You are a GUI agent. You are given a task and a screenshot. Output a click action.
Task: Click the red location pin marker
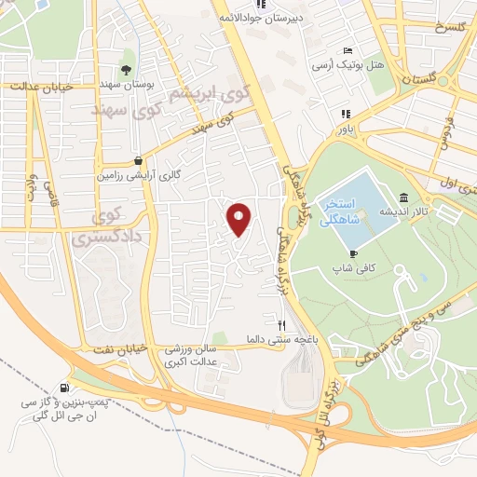[240, 219]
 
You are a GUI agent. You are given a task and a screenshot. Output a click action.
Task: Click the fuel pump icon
[64, 388]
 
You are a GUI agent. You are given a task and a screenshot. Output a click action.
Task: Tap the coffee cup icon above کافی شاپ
[353, 252]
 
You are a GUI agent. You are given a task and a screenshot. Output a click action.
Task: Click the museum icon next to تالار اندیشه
[402, 198]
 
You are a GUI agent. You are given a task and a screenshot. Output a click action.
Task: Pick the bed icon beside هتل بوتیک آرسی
[348, 50]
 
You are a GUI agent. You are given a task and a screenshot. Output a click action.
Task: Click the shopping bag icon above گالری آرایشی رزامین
[139, 159]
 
